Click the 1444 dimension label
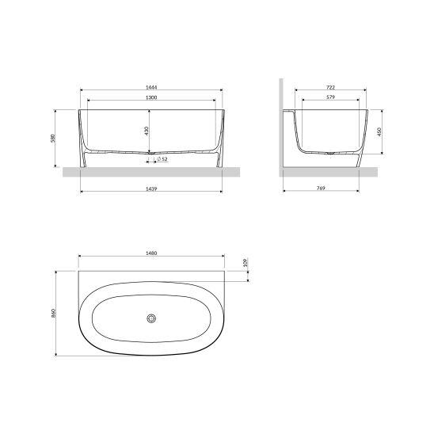coord(151,87)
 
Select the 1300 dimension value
coord(151,97)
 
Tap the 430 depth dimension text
coord(147,131)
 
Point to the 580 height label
coord(53,138)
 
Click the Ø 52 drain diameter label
coord(162,159)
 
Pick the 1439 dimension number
coord(151,188)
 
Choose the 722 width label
coord(331,87)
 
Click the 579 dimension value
coord(331,97)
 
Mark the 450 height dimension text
coord(379,131)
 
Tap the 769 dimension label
coord(321,188)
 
